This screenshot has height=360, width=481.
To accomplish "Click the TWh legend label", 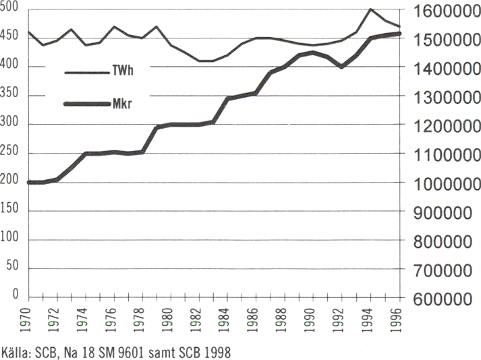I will coord(121,71).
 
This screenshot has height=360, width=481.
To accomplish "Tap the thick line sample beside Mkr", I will coord(86,103).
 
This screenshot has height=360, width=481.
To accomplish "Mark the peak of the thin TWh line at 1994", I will coord(370,9).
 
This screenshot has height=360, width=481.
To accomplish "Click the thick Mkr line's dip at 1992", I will coord(342,67).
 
